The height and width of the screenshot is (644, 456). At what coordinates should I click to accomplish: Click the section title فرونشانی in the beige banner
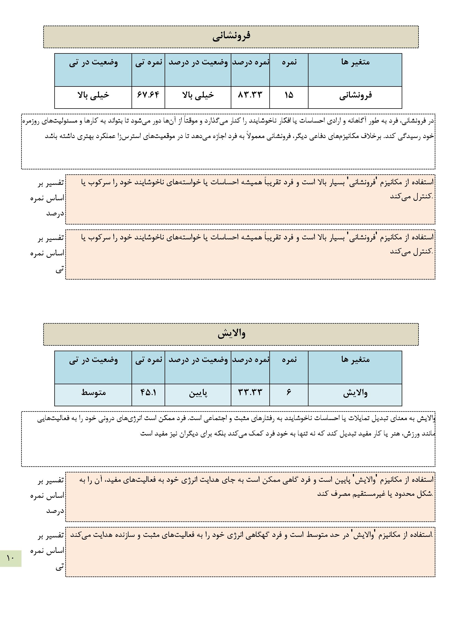click(231, 36)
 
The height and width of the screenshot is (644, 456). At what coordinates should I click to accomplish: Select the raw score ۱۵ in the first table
click(289, 95)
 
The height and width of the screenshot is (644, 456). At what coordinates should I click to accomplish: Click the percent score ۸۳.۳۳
click(250, 95)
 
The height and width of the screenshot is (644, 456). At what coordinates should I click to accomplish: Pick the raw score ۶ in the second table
click(289, 392)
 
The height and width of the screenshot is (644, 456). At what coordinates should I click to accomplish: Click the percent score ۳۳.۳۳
click(250, 392)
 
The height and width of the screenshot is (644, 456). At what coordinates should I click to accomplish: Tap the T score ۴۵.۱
click(148, 392)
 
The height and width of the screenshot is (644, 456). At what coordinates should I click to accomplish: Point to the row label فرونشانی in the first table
click(355, 95)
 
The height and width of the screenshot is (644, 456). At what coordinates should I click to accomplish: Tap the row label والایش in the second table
click(355, 393)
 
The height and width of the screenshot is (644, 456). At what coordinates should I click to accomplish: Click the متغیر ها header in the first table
click(355, 62)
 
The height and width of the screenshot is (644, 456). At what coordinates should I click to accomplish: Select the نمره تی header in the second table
click(149, 359)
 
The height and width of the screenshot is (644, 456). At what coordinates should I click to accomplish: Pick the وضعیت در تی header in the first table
click(93, 62)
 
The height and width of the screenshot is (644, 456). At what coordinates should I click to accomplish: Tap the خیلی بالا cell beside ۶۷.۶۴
click(93, 95)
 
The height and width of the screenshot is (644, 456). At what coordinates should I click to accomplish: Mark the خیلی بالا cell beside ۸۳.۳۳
click(198, 95)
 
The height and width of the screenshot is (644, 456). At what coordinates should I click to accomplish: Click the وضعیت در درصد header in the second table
click(198, 359)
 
